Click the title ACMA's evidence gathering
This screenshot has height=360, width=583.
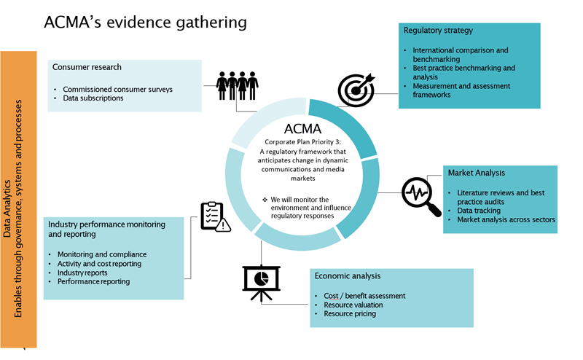[x=146, y=22]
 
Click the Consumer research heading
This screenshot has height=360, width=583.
[x=87, y=67]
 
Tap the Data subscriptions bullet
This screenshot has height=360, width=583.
[x=93, y=98]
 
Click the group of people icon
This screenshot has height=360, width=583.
[x=238, y=85]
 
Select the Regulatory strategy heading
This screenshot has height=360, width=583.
[x=438, y=31]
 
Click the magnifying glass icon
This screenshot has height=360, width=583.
[x=421, y=196]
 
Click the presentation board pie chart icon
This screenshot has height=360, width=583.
[x=261, y=280]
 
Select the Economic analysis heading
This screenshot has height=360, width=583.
[x=349, y=276]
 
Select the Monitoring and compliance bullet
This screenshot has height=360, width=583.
[x=102, y=254]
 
